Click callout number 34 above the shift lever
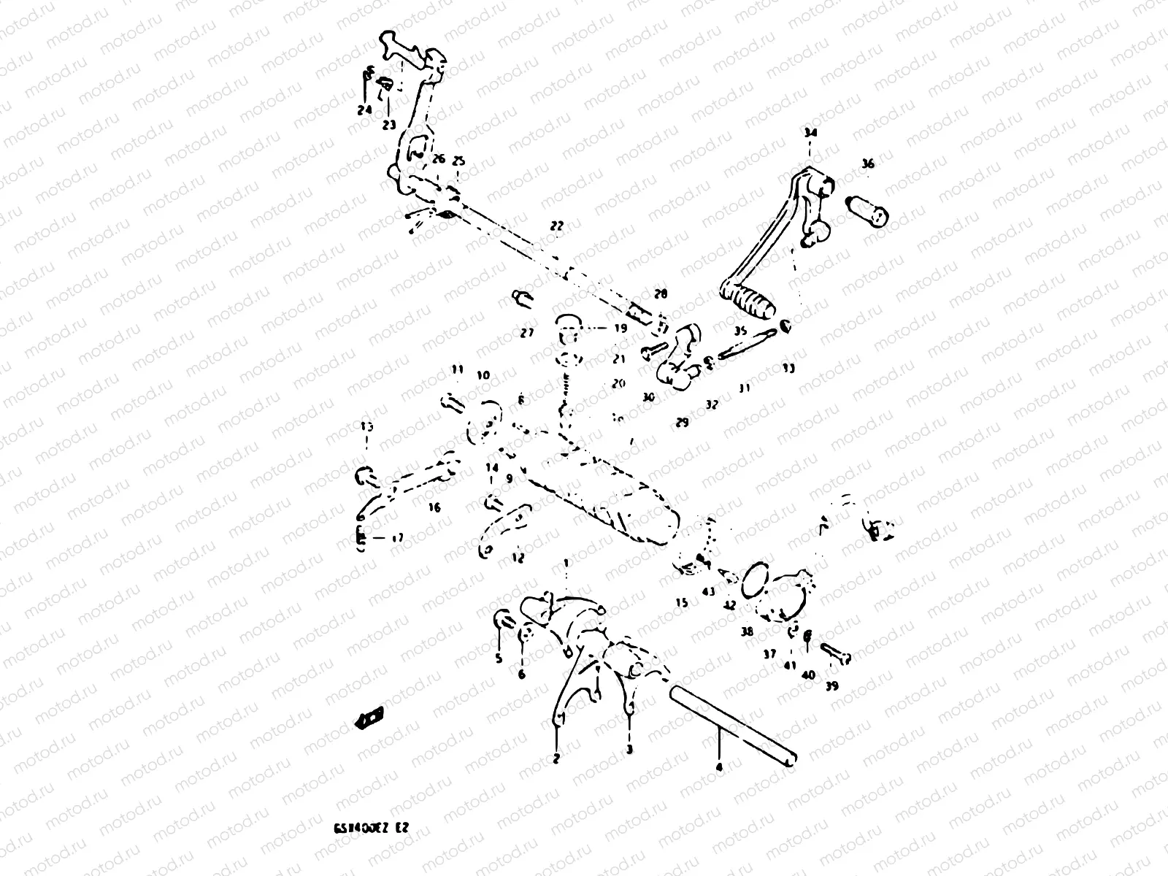pos(810,134)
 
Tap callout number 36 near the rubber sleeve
pos(867,164)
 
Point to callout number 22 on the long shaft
pos(557,226)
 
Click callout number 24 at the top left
pos(364,110)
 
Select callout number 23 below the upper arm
pos(389,124)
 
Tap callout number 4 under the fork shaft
pos(719,767)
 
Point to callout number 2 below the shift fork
pos(556,759)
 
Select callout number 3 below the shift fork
pos(629,750)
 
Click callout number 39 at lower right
pos(832,685)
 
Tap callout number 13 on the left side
pos(366,426)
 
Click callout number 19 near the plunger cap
pos(620,328)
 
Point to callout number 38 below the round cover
pos(747,632)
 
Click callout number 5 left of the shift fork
pos(499,658)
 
